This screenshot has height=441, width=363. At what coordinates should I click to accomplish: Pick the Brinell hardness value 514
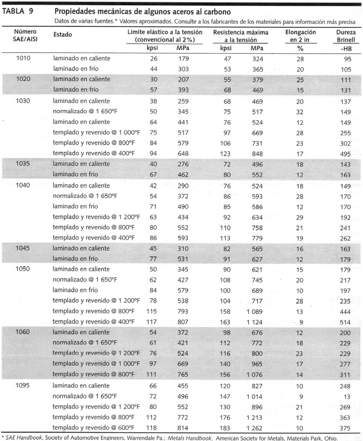[x=345, y=322]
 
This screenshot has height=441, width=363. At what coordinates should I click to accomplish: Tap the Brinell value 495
[x=345, y=153]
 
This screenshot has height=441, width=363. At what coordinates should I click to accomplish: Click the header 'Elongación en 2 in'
[x=300, y=36]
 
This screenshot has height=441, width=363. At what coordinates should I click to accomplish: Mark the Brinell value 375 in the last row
[x=345, y=428]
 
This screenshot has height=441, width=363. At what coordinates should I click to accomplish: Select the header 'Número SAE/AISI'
[x=25, y=35]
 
